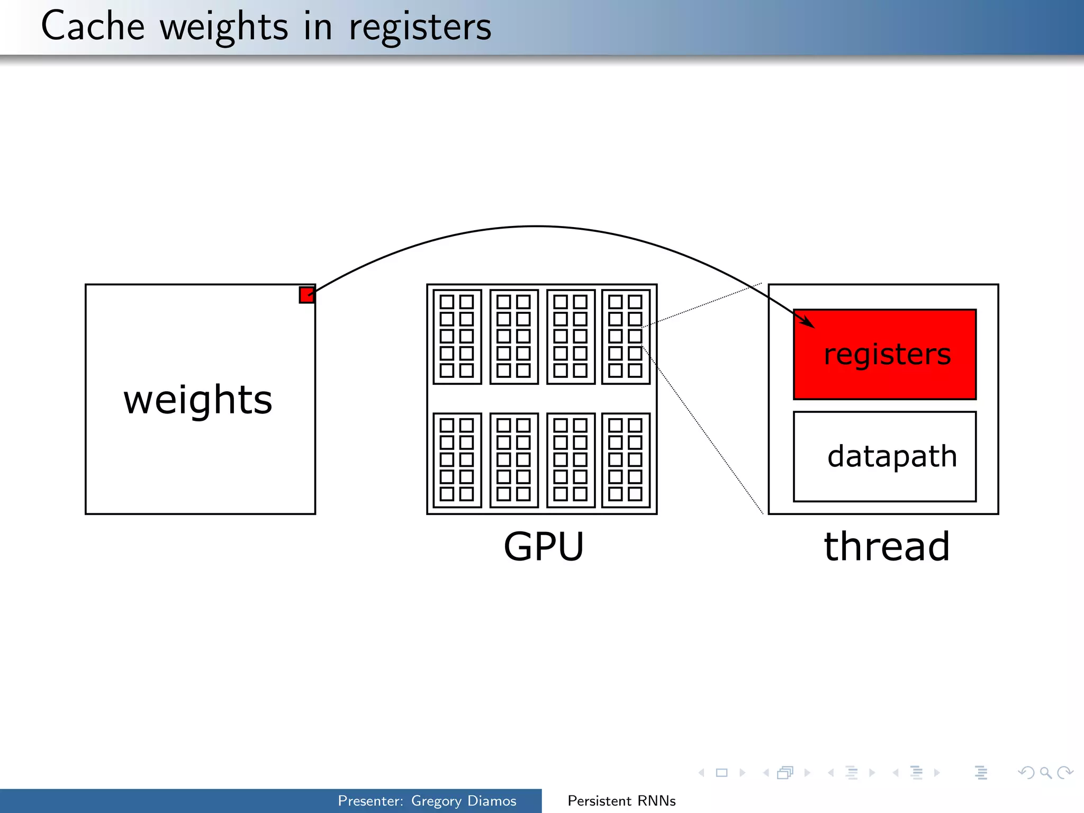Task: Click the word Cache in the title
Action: [93, 26]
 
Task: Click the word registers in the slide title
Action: [420, 28]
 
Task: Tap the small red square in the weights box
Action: [306, 295]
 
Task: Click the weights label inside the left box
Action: [198, 400]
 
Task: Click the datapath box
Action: [884, 456]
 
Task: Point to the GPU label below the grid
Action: [544, 546]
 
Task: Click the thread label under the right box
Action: [887, 546]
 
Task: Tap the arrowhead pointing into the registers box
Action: [808, 322]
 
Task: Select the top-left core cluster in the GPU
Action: [457, 337]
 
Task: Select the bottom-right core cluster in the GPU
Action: [626, 459]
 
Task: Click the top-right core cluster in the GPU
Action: [626, 337]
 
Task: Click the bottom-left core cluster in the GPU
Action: [457, 459]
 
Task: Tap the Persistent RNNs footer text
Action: [621, 801]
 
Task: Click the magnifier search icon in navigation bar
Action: [1045, 773]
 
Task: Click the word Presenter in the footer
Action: [369, 801]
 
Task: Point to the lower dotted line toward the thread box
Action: [704, 431]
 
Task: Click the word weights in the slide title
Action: [224, 28]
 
